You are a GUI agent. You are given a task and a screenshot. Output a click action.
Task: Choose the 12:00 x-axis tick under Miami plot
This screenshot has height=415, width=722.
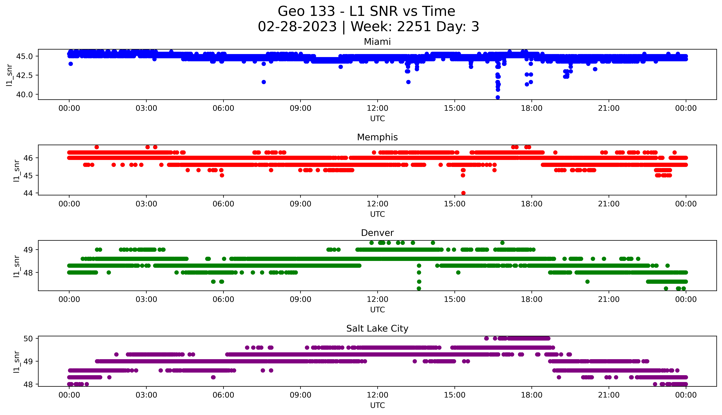click(x=377, y=108)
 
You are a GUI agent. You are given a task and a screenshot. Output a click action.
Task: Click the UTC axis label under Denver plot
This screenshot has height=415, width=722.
click(x=377, y=310)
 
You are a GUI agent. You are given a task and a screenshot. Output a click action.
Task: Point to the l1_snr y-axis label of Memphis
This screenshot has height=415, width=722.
click(x=17, y=170)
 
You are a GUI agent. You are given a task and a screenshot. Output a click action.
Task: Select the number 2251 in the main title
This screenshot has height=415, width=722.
click(x=414, y=27)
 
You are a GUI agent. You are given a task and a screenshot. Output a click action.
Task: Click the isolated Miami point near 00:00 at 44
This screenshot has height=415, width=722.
click(x=71, y=64)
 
